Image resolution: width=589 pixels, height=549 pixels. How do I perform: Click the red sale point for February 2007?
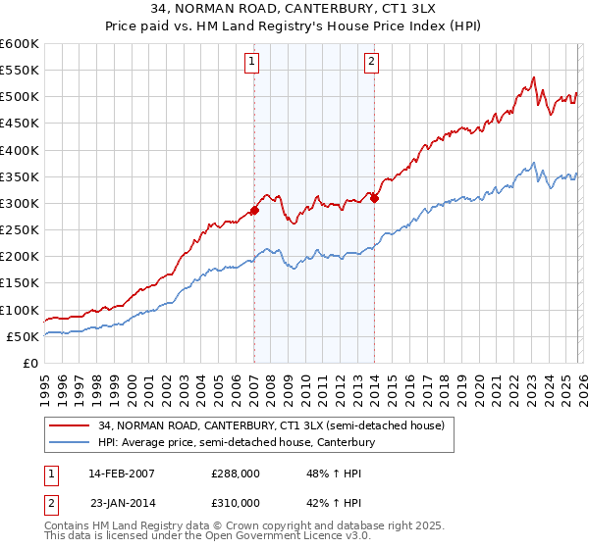coord(254,210)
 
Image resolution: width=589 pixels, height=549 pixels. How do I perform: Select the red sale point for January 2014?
coord(374,198)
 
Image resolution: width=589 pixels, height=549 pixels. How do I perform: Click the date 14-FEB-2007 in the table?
coord(122,473)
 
